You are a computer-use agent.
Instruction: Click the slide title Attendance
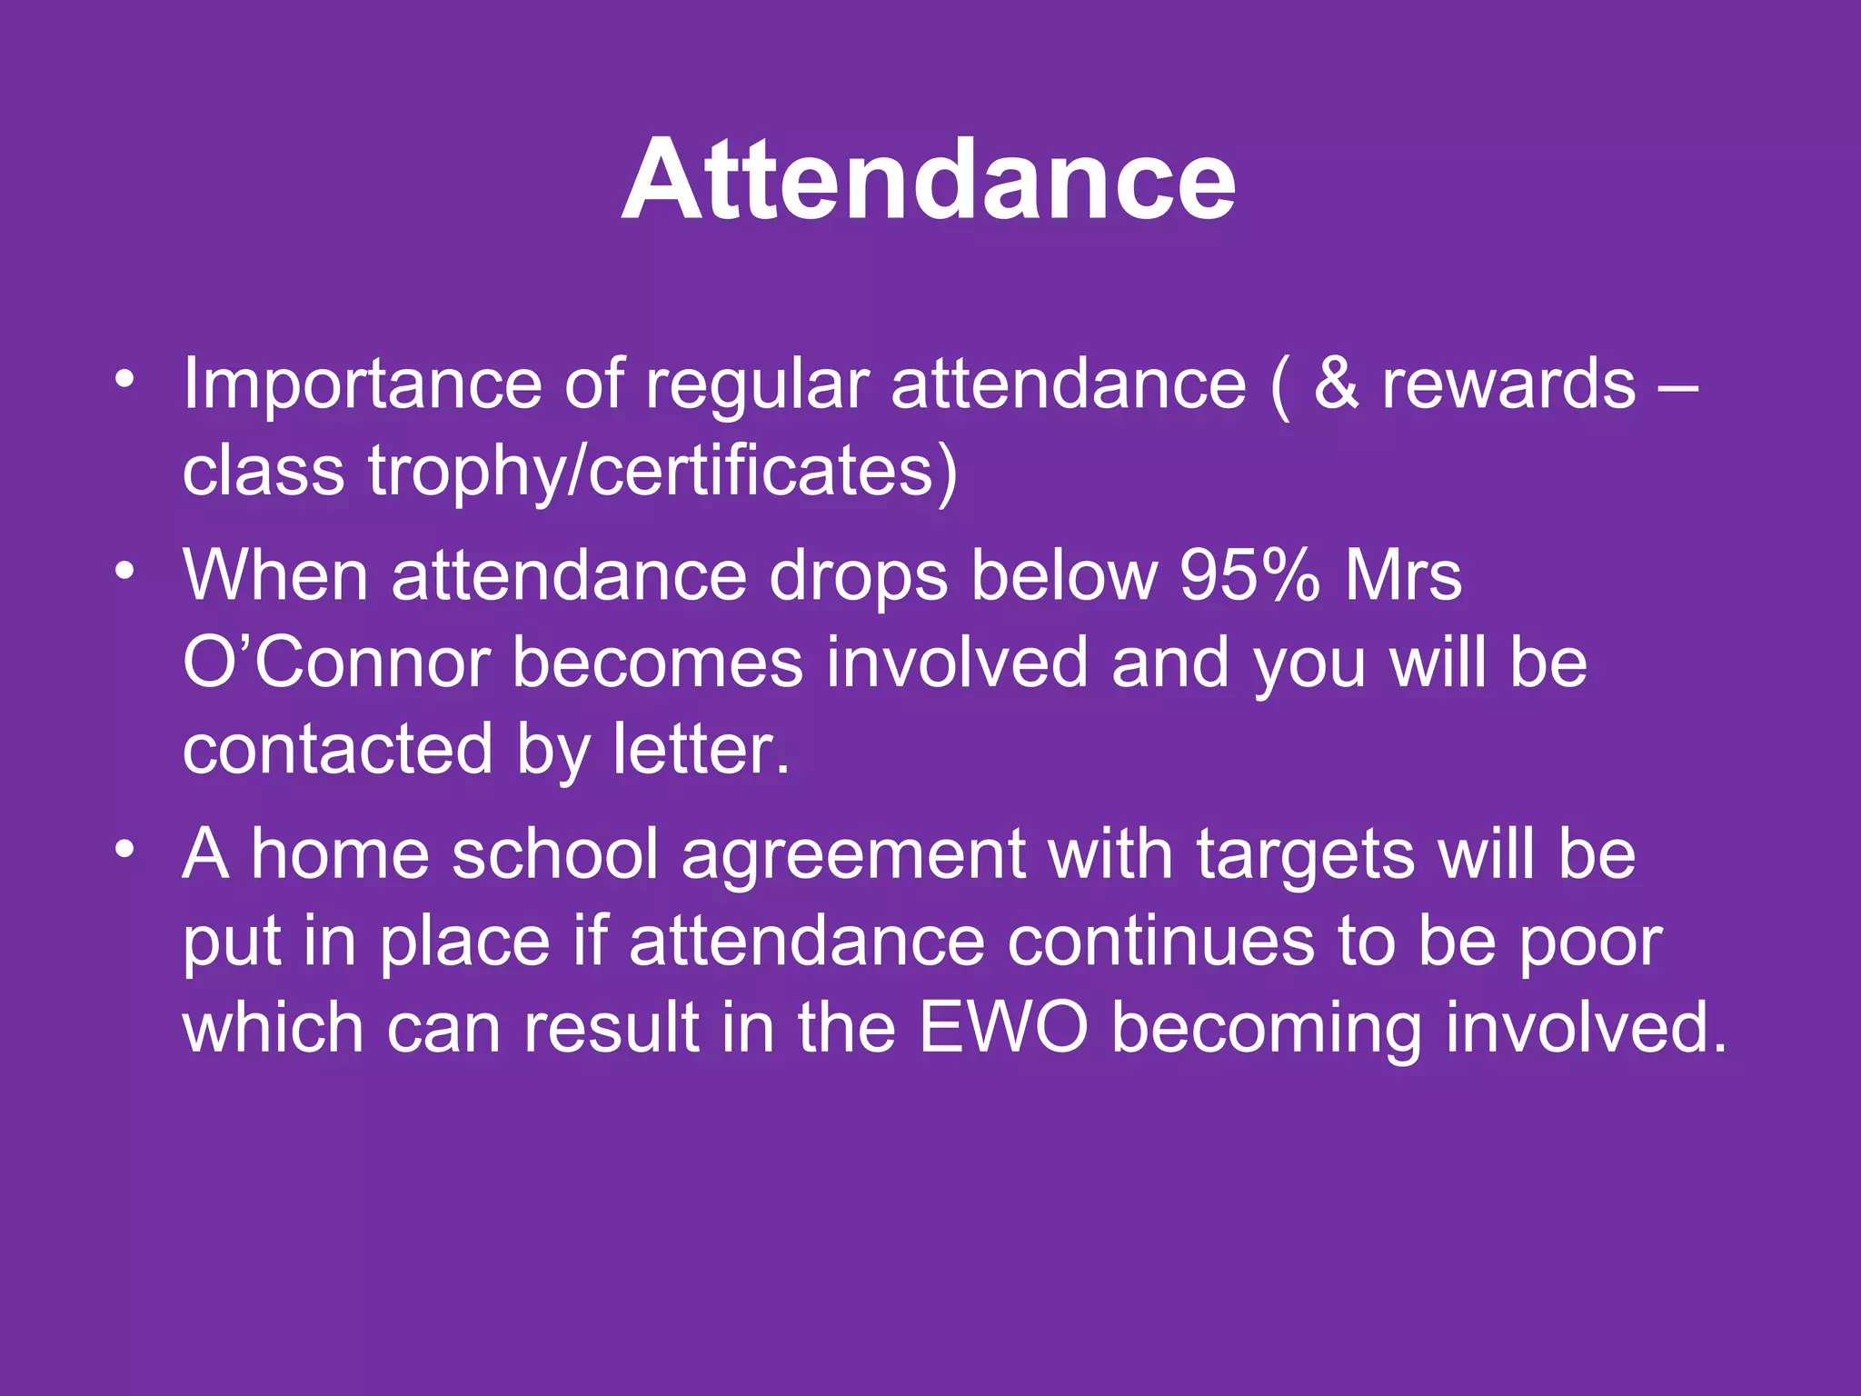pyautogui.click(x=929, y=179)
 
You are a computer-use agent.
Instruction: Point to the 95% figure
pyautogui.click(x=1249, y=575)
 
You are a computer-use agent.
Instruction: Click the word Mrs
pyautogui.click(x=1404, y=575)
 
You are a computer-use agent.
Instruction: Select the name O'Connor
pyautogui.click(x=336, y=663)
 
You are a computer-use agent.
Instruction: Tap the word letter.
pyautogui.click(x=700, y=750)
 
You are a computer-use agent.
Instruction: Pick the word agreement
pyautogui.click(x=852, y=855)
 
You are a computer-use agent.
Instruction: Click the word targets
pyautogui.click(x=1306, y=855)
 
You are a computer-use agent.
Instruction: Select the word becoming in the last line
pyautogui.click(x=1267, y=1030)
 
